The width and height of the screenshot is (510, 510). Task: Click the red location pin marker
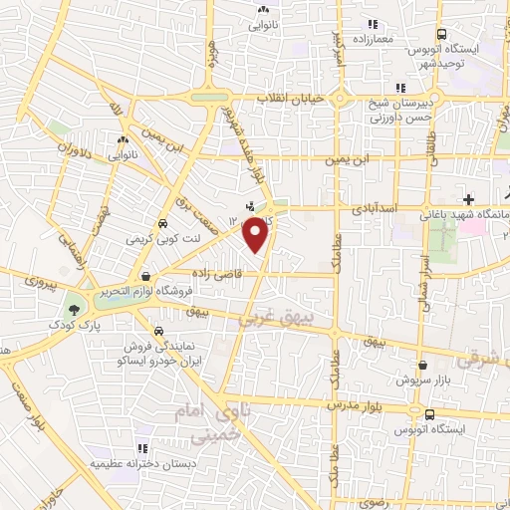click(x=257, y=233)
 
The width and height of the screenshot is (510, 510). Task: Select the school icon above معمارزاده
click(x=373, y=23)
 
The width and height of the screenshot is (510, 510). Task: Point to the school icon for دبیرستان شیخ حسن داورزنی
click(x=399, y=87)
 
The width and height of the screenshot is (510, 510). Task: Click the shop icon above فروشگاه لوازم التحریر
click(x=146, y=276)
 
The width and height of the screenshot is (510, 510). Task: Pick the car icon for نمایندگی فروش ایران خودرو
click(x=157, y=330)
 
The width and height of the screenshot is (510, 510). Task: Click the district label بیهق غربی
click(x=273, y=318)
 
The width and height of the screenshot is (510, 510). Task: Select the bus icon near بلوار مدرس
click(x=428, y=414)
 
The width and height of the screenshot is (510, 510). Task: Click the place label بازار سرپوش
click(x=409, y=381)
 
